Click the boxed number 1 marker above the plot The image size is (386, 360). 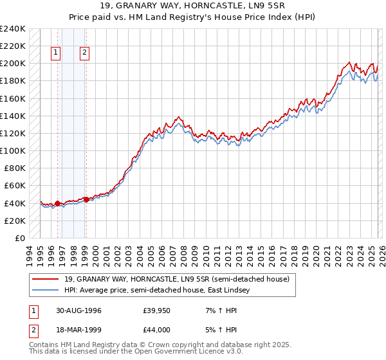tap(57, 53)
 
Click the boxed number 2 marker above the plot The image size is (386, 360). tap(85, 53)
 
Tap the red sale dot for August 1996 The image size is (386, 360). tap(57, 203)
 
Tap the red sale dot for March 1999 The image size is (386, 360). tap(86, 199)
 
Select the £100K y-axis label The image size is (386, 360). tap(12, 150)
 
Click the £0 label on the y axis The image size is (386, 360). tap(19, 238)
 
